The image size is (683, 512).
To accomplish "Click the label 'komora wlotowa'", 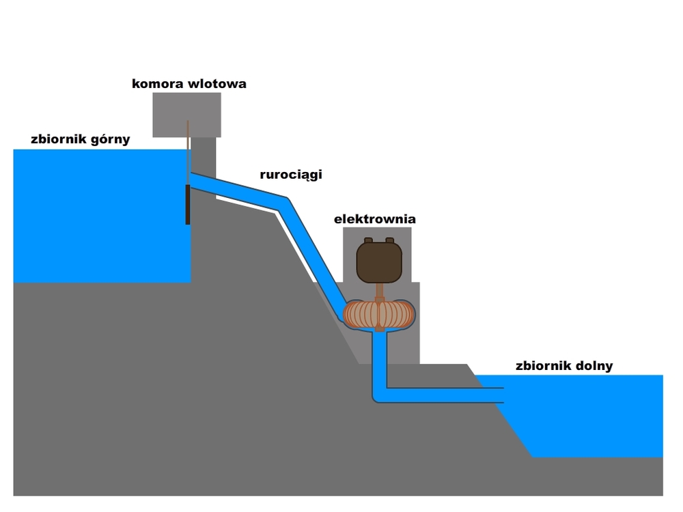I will (x=189, y=84).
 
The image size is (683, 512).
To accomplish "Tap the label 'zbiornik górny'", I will (x=80, y=140).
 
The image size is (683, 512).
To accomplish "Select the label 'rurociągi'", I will (x=290, y=175).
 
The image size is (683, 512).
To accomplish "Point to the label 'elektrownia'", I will (x=374, y=219).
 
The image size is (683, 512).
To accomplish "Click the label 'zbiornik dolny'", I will (x=564, y=366).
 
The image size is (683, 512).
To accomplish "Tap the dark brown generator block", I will (x=379, y=262).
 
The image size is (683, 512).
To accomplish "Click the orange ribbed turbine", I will (x=379, y=313).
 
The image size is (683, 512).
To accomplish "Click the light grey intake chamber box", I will (x=186, y=113).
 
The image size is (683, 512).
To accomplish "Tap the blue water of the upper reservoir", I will (x=96, y=218).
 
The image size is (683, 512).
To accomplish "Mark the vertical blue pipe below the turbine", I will (x=380, y=362).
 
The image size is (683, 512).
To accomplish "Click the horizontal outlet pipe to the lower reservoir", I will (x=444, y=395).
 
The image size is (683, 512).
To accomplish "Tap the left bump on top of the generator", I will (x=368, y=240).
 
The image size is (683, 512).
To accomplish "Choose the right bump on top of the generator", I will (x=390, y=240).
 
